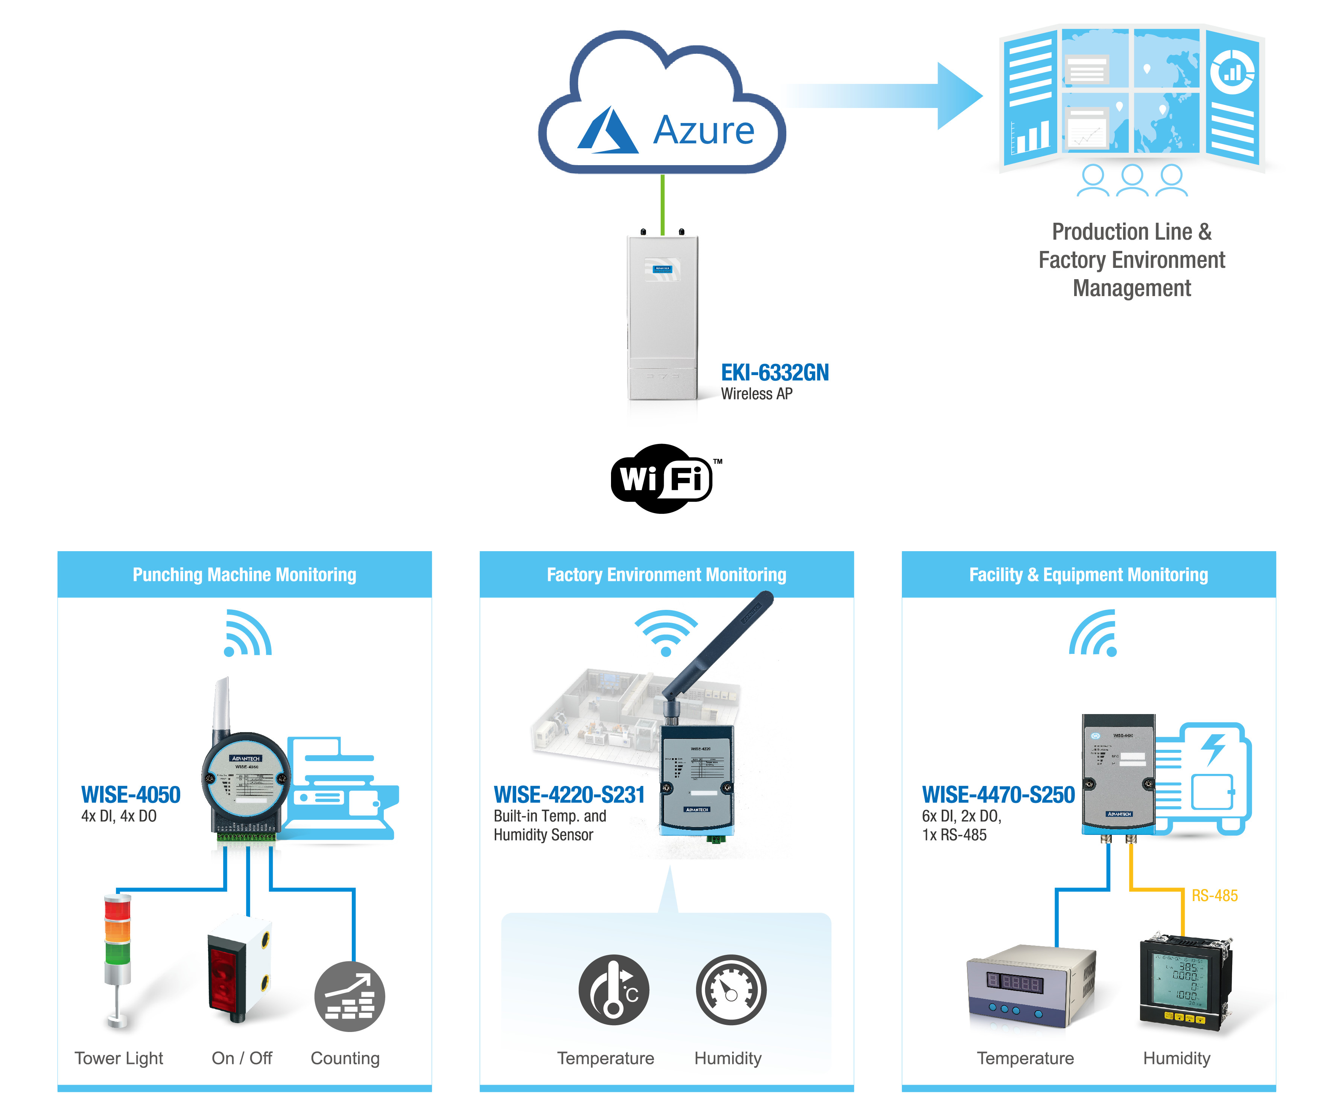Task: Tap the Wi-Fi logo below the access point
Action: [662, 478]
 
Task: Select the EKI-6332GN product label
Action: [774, 373]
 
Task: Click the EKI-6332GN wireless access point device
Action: [663, 318]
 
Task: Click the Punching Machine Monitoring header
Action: [245, 574]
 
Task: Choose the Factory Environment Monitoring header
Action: [667, 574]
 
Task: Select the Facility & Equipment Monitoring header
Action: [1088, 574]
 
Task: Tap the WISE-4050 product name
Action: [131, 795]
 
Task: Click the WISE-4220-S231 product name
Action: [569, 795]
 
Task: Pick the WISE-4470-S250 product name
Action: [998, 795]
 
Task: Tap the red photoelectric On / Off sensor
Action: [239, 968]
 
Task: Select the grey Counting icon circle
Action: [349, 996]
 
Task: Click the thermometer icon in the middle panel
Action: [613, 990]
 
